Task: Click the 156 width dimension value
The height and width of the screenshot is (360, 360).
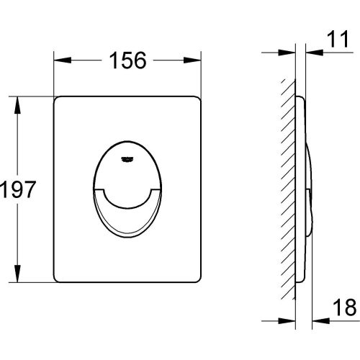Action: point(127,60)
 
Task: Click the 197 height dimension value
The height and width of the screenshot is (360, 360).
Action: point(18,189)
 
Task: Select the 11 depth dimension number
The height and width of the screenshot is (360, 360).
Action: point(338,39)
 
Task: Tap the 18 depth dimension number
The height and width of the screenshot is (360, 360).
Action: point(345,307)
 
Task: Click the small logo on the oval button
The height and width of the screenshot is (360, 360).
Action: point(127,159)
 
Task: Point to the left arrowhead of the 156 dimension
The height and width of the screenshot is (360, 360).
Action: point(63,60)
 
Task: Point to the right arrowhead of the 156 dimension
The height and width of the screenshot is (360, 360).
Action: point(192,60)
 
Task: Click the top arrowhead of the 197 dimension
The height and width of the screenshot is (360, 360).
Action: point(17,105)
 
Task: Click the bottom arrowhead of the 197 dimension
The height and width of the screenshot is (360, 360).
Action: point(17,274)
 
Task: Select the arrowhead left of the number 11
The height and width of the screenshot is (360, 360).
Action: point(315,53)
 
